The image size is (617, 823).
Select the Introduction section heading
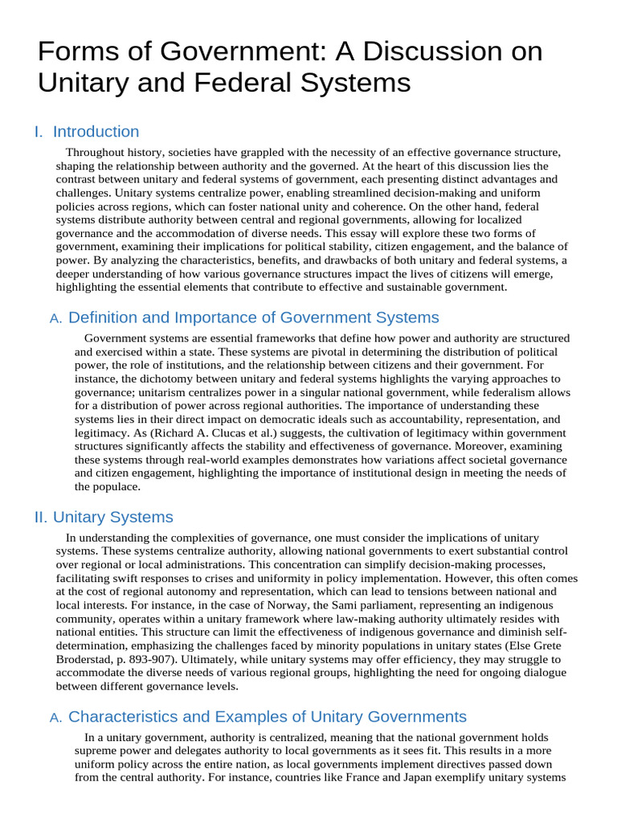click(x=96, y=132)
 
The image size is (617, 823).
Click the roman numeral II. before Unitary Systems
click(x=42, y=518)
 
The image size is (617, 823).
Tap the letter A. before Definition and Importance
click(x=55, y=318)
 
